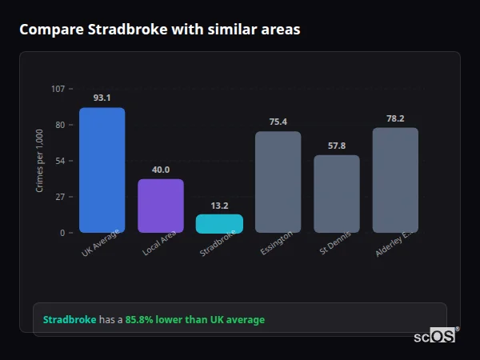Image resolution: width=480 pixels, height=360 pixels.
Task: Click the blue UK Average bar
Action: pyautogui.click(x=102, y=170)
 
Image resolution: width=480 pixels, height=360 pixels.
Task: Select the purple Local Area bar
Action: pyautogui.click(x=161, y=206)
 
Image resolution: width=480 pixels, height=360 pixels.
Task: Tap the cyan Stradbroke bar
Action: pyautogui.click(x=219, y=223)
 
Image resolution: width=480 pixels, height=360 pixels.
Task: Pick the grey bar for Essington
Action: pyautogui.click(x=278, y=182)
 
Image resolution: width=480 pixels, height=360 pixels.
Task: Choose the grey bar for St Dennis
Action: pyautogui.click(x=337, y=194)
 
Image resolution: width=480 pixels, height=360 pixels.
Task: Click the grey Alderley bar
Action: pyautogui.click(x=395, y=180)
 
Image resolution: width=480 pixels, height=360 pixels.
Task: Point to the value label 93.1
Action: pyautogui.click(x=102, y=98)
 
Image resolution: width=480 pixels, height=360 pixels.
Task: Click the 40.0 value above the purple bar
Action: pyautogui.click(x=161, y=170)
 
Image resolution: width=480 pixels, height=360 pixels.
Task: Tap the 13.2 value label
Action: pyautogui.click(x=219, y=206)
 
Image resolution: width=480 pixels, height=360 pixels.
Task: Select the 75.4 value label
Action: pyautogui.click(x=278, y=122)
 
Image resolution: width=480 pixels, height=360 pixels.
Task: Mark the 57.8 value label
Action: pyautogui.click(x=337, y=146)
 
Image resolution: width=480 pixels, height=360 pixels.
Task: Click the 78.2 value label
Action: pyautogui.click(x=395, y=118)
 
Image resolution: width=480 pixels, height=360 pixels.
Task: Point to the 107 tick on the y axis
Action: pyautogui.click(x=58, y=89)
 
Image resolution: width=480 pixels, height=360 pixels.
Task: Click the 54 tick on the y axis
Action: pyautogui.click(x=61, y=161)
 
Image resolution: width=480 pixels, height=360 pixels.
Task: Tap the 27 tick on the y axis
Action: pyautogui.click(x=61, y=197)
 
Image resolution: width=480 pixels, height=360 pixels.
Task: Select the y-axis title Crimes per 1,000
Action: pyautogui.click(x=40, y=161)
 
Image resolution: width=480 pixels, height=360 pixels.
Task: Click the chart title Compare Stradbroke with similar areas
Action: pyautogui.click(x=160, y=30)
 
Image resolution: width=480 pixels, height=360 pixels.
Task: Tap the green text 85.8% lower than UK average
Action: pyautogui.click(x=194, y=320)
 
